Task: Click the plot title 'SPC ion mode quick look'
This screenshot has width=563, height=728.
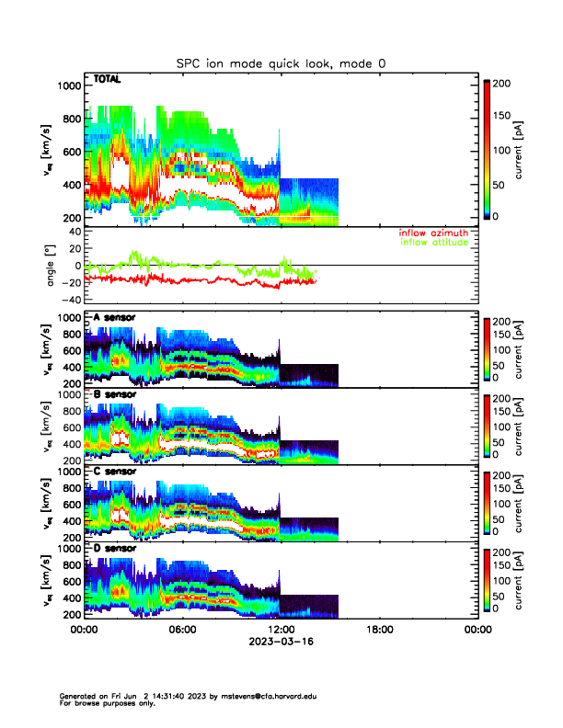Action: pos(281,63)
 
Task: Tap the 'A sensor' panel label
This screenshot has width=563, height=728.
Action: pos(114,317)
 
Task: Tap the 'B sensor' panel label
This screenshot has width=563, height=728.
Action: pos(114,394)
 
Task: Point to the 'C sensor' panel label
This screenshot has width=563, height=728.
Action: pos(114,472)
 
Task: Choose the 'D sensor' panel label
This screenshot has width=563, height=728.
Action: pos(114,549)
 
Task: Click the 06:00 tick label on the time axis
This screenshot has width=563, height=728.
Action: pos(182,631)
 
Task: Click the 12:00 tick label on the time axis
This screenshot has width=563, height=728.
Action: pos(281,631)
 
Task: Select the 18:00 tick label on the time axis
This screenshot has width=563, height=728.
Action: pos(379,631)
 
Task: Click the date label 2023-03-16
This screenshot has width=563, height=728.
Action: pos(281,643)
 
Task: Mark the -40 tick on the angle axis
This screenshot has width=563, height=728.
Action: pos(69,301)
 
